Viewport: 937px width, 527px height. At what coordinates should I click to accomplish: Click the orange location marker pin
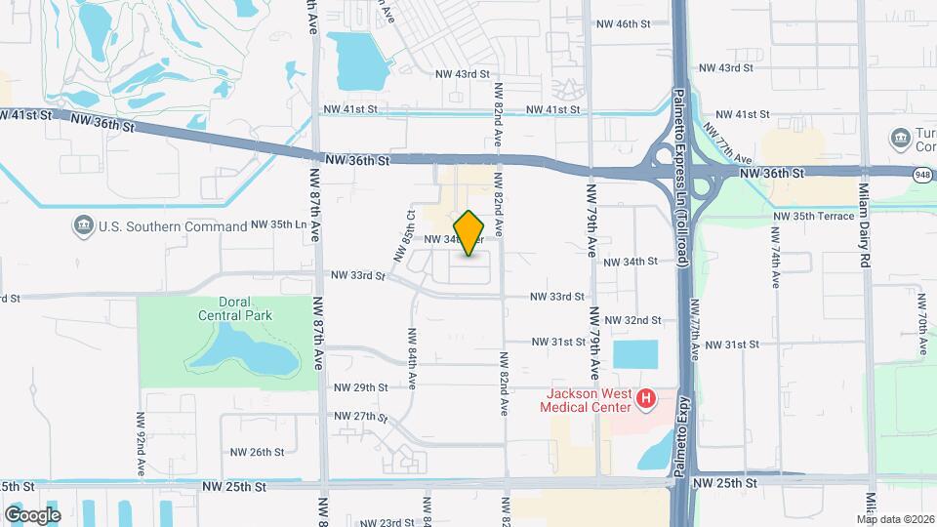[469, 233]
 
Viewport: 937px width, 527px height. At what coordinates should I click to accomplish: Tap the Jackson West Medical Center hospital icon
[644, 398]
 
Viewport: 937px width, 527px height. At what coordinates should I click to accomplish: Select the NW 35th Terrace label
[813, 216]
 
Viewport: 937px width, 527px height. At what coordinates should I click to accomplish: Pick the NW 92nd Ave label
[142, 444]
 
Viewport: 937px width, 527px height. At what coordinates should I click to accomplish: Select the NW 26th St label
[257, 452]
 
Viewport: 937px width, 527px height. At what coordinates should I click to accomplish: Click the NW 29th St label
[361, 387]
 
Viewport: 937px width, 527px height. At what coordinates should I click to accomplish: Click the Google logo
[32, 514]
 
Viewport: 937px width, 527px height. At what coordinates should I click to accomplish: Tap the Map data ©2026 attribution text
[895, 519]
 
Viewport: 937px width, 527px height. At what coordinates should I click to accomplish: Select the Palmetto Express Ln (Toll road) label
[680, 176]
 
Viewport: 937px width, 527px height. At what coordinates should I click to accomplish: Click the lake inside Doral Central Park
[249, 351]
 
